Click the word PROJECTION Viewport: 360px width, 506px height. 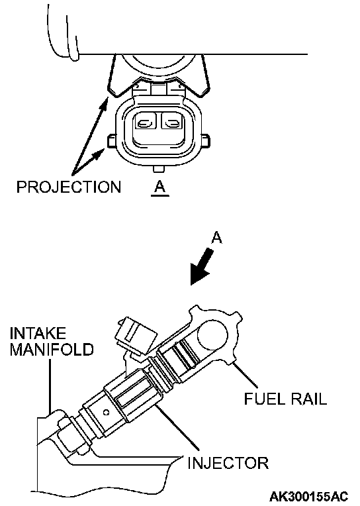[x=69, y=187]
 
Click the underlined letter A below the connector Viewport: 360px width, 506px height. [x=160, y=187]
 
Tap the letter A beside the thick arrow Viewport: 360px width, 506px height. [x=217, y=238]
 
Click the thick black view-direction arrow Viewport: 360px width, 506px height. [x=202, y=266]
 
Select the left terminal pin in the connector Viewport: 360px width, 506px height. [x=145, y=123]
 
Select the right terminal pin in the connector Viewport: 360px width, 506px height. [x=173, y=123]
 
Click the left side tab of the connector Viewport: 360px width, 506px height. [x=112, y=141]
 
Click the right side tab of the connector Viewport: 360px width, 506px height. [x=206, y=142]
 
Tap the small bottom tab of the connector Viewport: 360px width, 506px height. [x=159, y=169]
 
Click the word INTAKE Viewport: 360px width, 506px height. [x=38, y=333]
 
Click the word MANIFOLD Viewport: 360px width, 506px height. [x=52, y=349]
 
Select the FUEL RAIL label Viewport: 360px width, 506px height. [x=285, y=399]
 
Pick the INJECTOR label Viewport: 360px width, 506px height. [x=228, y=463]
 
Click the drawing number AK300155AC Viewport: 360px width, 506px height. [x=308, y=495]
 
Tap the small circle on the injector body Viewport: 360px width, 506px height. [x=106, y=412]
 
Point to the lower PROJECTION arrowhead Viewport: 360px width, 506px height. [x=98, y=154]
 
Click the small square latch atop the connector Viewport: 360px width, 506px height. [x=159, y=89]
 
